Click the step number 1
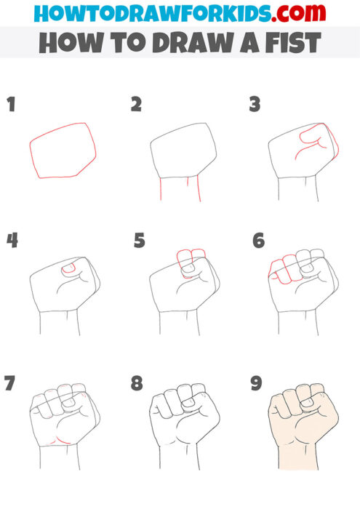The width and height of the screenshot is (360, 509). click(x=11, y=105)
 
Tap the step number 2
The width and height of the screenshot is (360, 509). click(x=136, y=105)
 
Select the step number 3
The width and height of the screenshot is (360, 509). click(x=255, y=105)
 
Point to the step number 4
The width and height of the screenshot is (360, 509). click(x=12, y=241)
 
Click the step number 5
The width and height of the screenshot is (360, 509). click(x=140, y=241)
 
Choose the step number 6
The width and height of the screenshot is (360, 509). click(x=258, y=241)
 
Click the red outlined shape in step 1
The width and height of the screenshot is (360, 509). click(x=63, y=151)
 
